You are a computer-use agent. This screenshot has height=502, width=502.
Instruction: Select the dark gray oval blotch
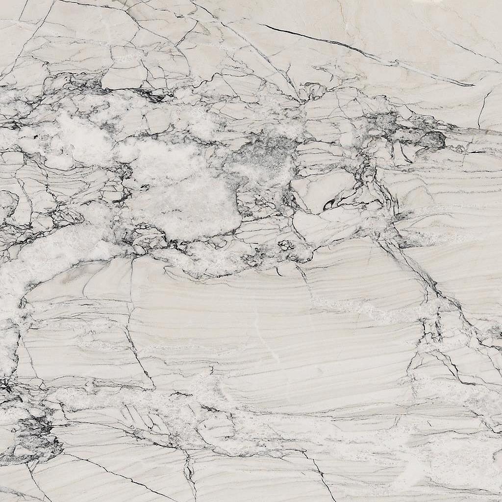434,140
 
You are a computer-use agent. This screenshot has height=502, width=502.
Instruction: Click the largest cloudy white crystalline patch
186,201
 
